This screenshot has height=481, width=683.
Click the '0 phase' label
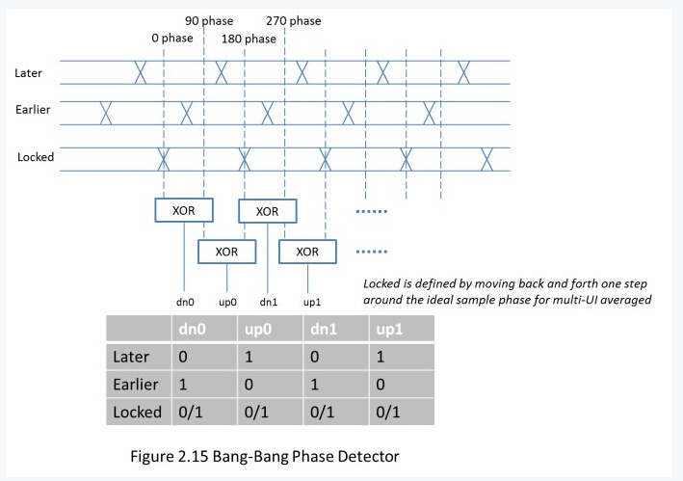point(172,38)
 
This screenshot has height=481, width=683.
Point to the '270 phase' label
point(292,19)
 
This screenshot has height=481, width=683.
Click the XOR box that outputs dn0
point(184,211)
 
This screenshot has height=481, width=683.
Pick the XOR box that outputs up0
point(226,252)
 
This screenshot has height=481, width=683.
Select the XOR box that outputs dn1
point(267,211)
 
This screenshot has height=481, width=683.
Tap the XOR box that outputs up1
point(307,252)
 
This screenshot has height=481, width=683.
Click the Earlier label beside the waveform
point(33,110)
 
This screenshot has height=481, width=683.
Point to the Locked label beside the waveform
point(35,155)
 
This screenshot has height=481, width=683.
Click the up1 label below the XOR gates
point(312,302)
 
